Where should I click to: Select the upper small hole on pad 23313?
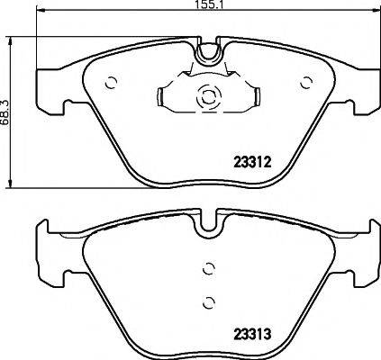point(208,267)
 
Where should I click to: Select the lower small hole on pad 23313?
point(208,301)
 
